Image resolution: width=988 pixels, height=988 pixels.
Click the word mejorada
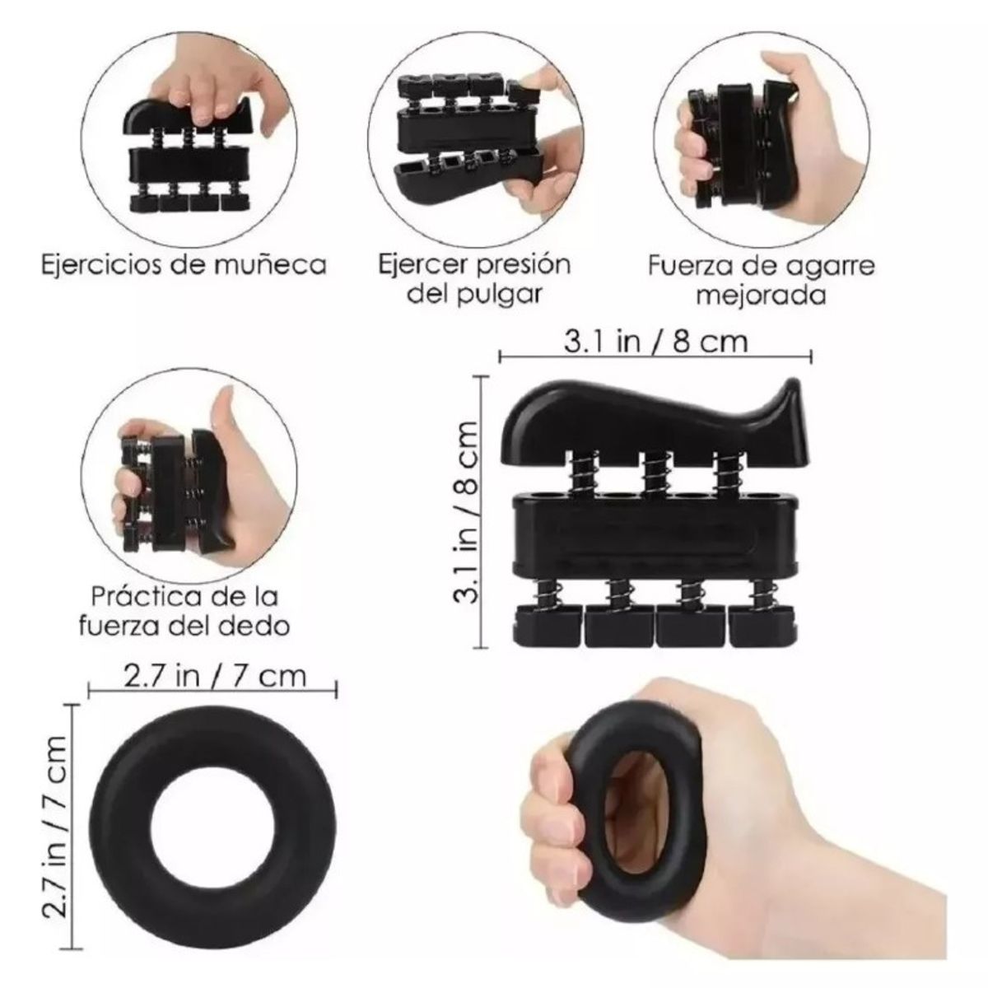761,295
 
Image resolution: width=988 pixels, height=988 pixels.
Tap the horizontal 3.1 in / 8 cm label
655,342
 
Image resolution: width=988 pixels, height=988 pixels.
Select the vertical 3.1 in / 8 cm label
467,510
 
